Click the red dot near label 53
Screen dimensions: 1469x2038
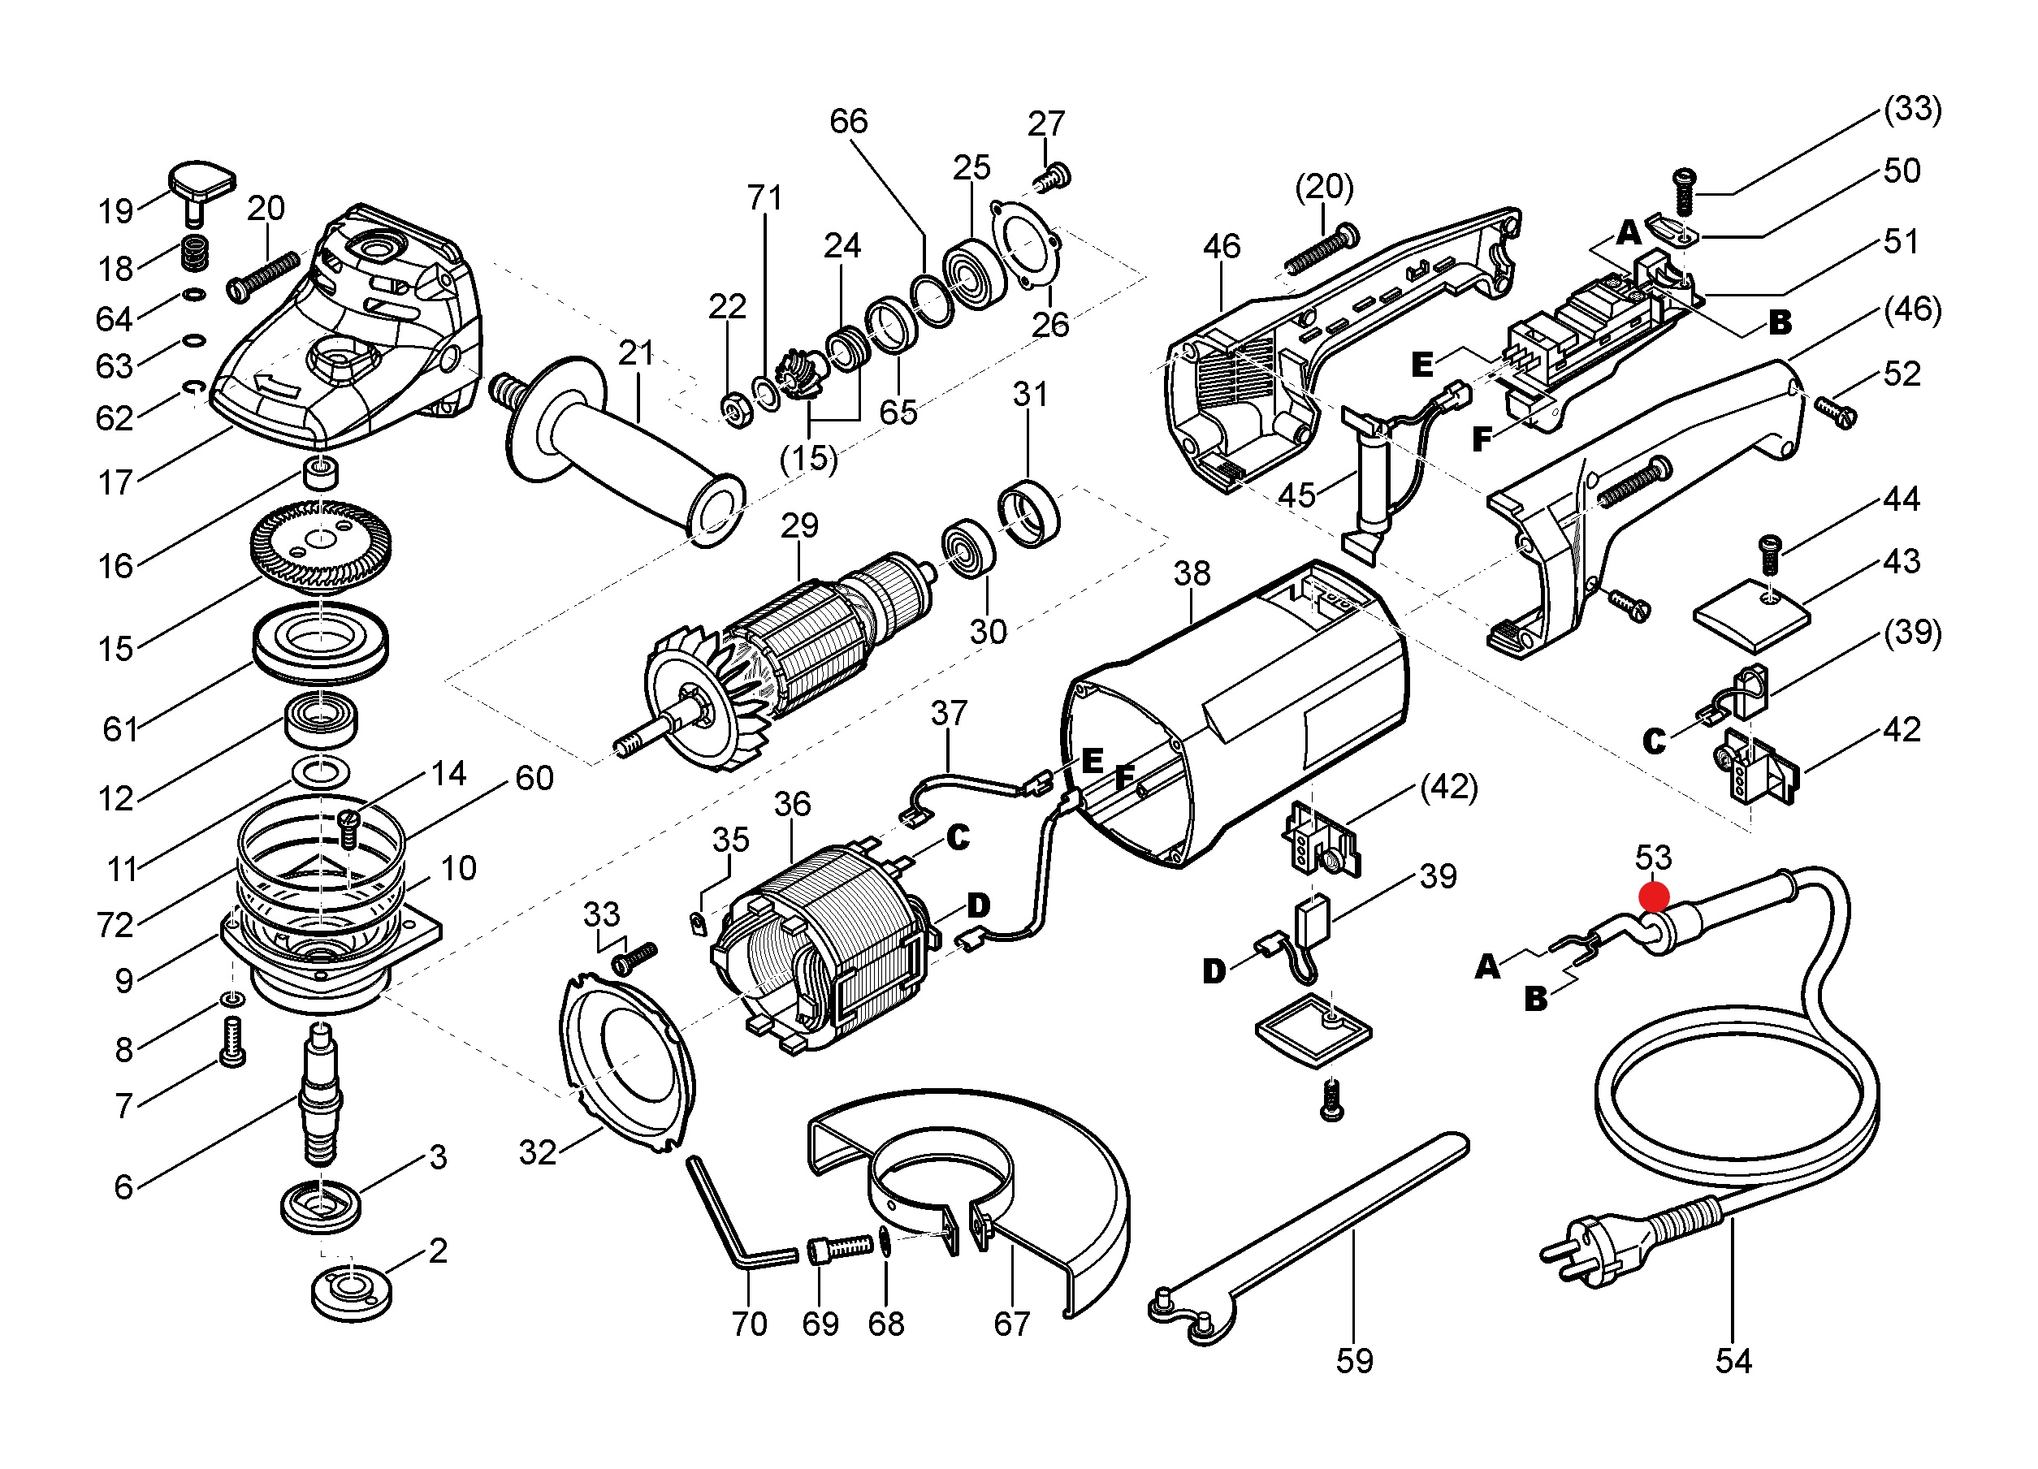click(1654, 897)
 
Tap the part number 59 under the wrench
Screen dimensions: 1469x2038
click(1354, 1361)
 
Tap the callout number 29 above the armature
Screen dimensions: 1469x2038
click(798, 525)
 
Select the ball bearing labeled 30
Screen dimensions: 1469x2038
click(967, 548)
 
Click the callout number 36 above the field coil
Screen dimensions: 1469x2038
click(792, 804)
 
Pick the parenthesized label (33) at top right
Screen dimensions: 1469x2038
click(1913, 109)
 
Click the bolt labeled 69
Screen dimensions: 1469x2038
click(840, 1249)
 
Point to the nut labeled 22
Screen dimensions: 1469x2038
click(738, 410)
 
